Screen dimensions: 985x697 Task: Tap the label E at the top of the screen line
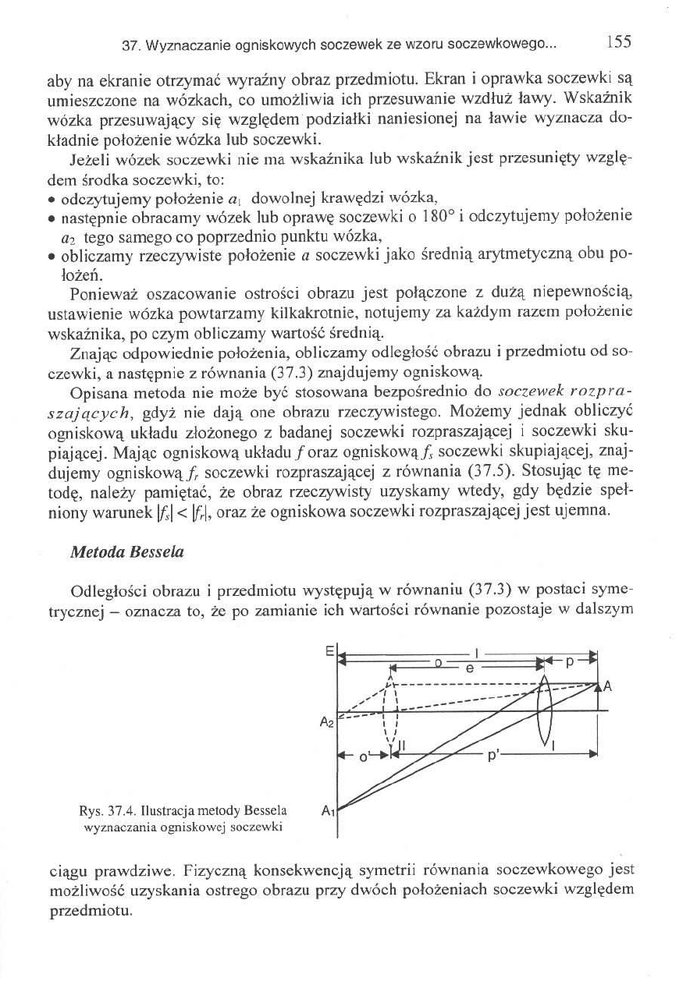coord(329,649)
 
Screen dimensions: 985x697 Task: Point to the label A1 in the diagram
coord(329,811)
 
